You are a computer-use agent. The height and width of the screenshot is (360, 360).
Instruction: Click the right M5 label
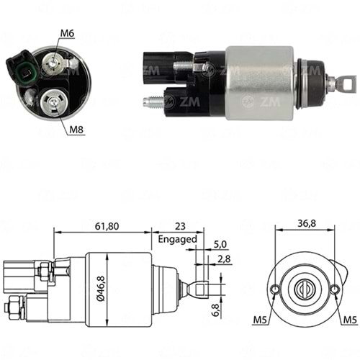[349, 320]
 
